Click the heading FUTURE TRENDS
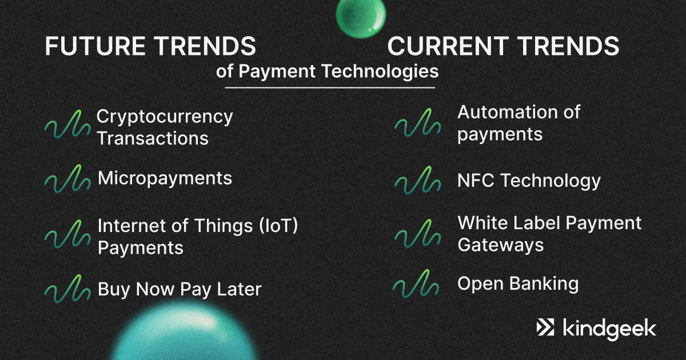click(150, 46)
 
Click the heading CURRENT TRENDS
click(503, 46)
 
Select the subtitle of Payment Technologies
click(328, 72)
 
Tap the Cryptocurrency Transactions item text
click(165, 127)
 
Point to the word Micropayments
click(165, 178)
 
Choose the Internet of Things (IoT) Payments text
click(198, 237)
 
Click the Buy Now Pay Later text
click(179, 289)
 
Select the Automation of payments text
click(519, 123)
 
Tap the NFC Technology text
click(529, 181)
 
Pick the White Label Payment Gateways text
click(549, 234)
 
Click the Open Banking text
click(518, 283)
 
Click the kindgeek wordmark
click(609, 329)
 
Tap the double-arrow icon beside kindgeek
click(545, 328)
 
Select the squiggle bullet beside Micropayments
click(67, 179)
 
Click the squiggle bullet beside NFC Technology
click(417, 181)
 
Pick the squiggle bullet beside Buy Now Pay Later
click(67, 290)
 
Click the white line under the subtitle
click(330, 88)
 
